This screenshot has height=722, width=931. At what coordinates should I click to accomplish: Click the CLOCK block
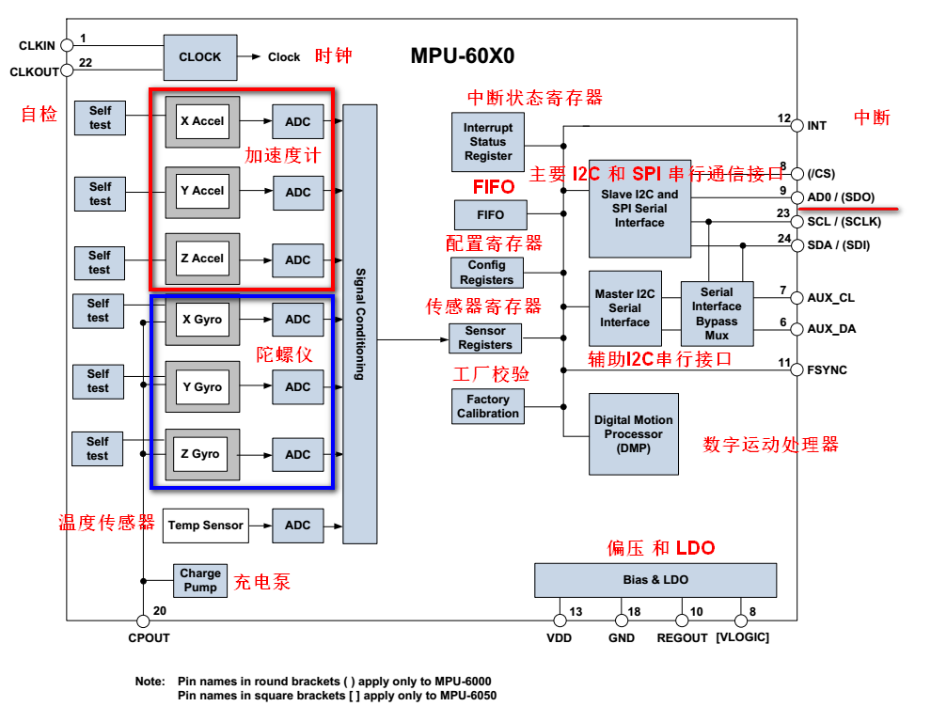tap(200, 57)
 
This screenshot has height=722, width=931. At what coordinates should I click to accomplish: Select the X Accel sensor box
tap(202, 121)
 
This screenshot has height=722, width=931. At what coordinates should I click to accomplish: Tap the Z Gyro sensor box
tap(200, 454)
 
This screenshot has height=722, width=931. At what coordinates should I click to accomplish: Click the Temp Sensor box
tap(205, 526)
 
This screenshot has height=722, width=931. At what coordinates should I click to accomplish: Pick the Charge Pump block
tap(200, 580)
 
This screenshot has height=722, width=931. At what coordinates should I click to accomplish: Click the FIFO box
tap(490, 215)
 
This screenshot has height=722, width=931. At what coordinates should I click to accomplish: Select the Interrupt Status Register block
tap(488, 142)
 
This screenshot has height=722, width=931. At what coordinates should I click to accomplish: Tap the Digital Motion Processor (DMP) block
tap(633, 434)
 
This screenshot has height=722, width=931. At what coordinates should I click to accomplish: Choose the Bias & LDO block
tap(655, 580)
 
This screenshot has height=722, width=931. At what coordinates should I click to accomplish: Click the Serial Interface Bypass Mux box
tap(717, 314)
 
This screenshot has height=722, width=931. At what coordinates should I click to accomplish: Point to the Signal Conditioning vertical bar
tap(360, 324)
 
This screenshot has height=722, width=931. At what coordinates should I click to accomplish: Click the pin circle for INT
tap(797, 125)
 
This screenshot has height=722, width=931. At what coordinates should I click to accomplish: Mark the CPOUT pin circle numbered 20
tap(143, 621)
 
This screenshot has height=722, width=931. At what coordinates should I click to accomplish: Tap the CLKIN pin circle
tap(67, 45)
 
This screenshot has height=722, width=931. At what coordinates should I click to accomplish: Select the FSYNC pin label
tap(827, 370)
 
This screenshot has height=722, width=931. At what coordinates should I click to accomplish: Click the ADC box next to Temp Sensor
tap(297, 526)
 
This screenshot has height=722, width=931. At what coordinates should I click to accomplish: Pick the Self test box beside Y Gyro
tap(99, 382)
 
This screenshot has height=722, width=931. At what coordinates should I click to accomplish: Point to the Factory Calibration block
tap(488, 406)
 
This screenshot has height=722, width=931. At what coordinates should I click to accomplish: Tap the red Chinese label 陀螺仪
tap(284, 354)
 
